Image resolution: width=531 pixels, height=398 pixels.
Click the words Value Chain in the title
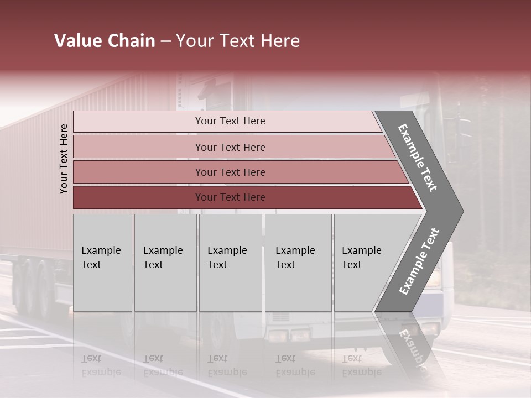pyautogui.click(x=105, y=41)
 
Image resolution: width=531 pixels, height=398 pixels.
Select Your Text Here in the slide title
pyautogui.click(x=238, y=41)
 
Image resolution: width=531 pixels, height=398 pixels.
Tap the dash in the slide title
pyautogui.click(x=165, y=41)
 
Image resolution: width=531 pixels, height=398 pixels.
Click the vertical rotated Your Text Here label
pyautogui.click(x=64, y=159)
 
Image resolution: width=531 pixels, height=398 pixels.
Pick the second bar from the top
pyautogui.click(x=230, y=147)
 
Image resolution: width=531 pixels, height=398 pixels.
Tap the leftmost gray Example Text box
pyautogui.click(x=102, y=263)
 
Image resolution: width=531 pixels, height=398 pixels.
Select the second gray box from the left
pyautogui.click(x=165, y=263)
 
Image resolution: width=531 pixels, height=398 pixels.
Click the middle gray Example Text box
pyautogui.click(x=230, y=263)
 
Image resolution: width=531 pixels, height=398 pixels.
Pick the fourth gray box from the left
pyautogui.click(x=298, y=263)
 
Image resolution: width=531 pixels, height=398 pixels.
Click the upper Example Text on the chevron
pyautogui.click(x=418, y=158)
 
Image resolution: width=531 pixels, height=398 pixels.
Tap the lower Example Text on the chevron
pyautogui.click(x=419, y=261)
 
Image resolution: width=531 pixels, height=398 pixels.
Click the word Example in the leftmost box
pyautogui.click(x=101, y=250)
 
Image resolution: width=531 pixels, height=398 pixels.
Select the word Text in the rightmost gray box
pyautogui.click(x=351, y=265)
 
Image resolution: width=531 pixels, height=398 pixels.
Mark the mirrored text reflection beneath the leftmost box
pyautogui.click(x=101, y=365)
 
